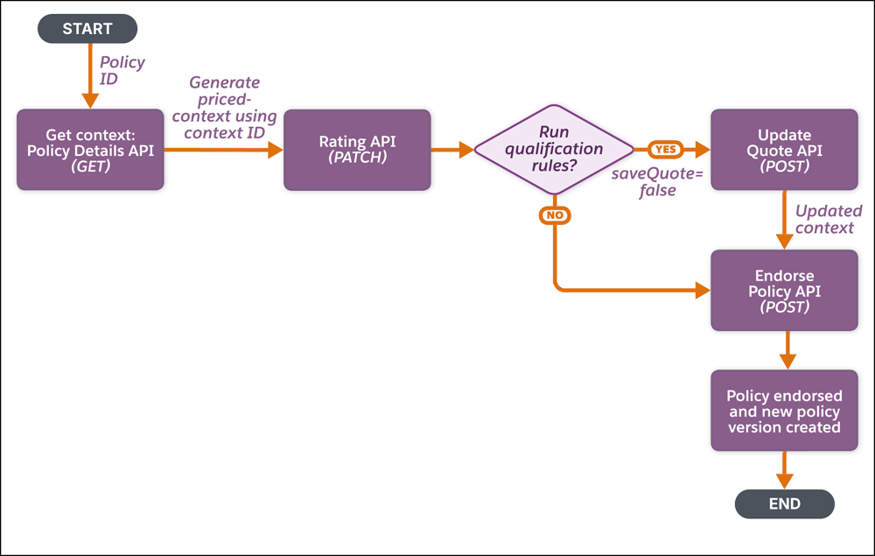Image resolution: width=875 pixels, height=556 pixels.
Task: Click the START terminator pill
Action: (x=87, y=29)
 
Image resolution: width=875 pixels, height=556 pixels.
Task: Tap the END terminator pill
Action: (x=784, y=503)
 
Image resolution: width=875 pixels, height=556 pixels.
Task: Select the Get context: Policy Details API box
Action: (x=90, y=150)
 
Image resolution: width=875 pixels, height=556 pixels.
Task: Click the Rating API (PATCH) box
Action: (x=356, y=150)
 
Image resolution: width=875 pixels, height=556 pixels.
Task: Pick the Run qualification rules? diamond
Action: (x=554, y=149)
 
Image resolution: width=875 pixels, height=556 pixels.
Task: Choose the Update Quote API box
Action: (x=784, y=150)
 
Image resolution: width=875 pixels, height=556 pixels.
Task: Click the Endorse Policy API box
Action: (x=784, y=291)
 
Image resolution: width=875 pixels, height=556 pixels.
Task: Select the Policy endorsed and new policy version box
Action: (x=784, y=412)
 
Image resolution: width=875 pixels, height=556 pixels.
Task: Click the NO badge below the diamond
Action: (x=554, y=215)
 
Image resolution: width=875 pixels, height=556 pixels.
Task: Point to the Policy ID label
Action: (x=122, y=71)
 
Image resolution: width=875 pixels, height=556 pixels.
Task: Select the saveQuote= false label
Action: (x=656, y=182)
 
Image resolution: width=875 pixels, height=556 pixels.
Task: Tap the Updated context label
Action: (x=828, y=220)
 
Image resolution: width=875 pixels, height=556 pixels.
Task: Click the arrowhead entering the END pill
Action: (x=784, y=481)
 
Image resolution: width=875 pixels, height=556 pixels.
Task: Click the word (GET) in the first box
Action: (x=90, y=166)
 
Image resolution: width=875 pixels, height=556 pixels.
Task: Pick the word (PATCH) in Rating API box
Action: (x=356, y=158)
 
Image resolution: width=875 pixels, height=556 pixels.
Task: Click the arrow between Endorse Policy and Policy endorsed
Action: (x=787, y=349)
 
